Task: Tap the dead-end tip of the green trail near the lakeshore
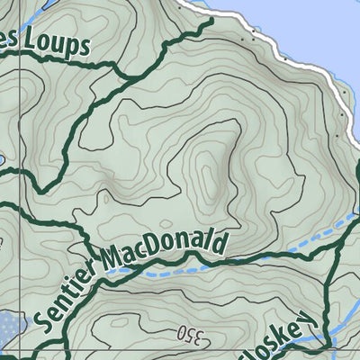[x=213, y=19]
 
